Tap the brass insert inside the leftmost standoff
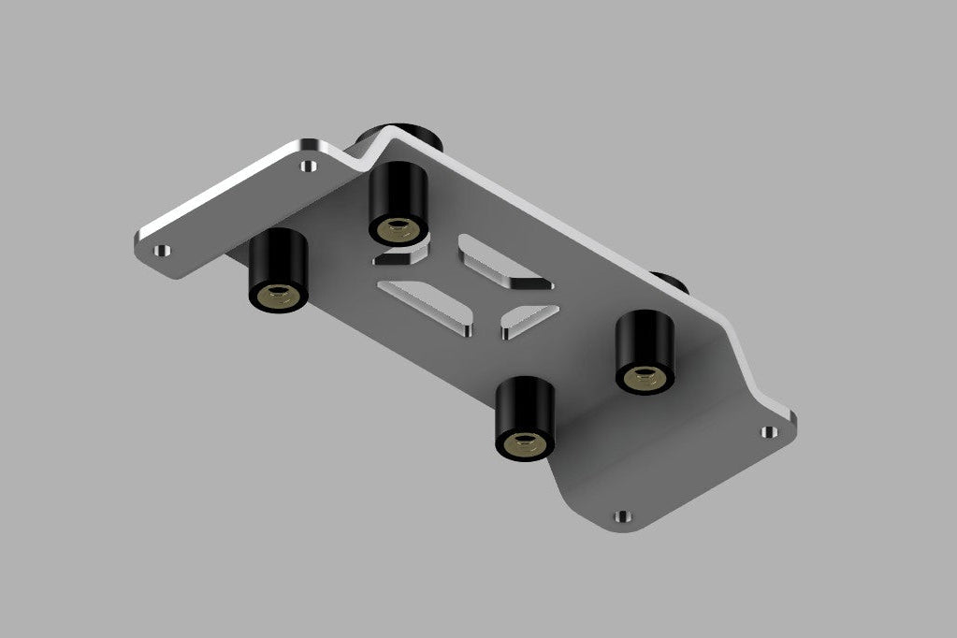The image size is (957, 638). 279,297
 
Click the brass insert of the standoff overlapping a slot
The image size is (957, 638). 398,227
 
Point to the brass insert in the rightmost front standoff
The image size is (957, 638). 645,377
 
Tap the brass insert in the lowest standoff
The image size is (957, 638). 525,443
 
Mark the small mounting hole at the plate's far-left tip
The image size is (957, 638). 162,251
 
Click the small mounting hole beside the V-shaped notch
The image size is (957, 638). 307,167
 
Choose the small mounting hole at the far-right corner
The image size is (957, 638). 768,431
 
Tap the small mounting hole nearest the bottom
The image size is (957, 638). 621,515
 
